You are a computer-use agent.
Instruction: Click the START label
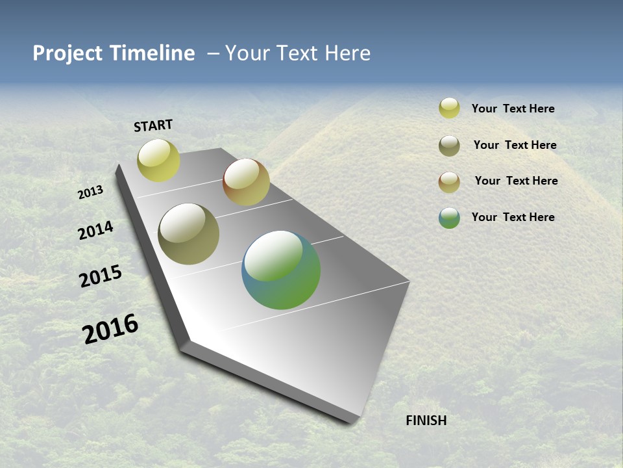(153, 125)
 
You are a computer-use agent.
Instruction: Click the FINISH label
(426, 421)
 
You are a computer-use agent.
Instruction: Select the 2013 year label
(91, 192)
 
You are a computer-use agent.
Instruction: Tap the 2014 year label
(96, 231)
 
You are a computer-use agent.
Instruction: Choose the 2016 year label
(110, 329)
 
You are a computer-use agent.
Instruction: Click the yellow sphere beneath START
(158, 161)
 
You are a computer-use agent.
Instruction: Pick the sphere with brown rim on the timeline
(246, 182)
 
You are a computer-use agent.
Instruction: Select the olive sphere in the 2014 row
(188, 234)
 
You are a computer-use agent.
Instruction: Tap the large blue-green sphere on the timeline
(281, 270)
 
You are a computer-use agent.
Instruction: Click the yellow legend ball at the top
(449, 108)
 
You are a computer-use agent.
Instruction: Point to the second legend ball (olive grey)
(449, 146)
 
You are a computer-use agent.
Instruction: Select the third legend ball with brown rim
(449, 182)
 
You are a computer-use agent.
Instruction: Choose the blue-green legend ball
(449, 218)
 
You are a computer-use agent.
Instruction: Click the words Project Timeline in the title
(114, 53)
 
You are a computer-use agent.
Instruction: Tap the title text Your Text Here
(298, 53)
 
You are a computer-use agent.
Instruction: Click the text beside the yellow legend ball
(513, 109)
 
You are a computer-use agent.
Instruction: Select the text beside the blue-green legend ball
(513, 217)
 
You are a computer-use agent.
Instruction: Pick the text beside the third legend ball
(516, 181)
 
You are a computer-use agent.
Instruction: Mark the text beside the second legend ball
(515, 145)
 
